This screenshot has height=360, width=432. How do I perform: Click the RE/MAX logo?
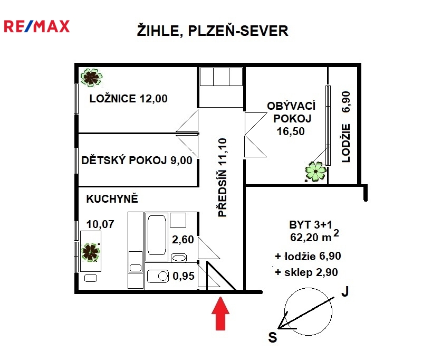click(x=36, y=26)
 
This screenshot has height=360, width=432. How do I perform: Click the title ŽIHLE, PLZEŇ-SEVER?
click(x=213, y=30)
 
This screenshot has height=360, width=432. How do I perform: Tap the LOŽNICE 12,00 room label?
click(x=128, y=98)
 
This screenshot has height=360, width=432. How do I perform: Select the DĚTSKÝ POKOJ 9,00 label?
click(x=137, y=160)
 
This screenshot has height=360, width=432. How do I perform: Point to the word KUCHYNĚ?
click(x=112, y=198)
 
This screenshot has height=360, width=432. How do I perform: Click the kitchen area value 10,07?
click(x=100, y=224)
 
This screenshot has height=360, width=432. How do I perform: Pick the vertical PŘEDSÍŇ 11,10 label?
click(x=223, y=177)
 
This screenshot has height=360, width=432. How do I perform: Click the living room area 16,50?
click(x=291, y=131)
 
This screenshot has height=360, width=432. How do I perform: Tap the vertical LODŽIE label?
click(x=346, y=143)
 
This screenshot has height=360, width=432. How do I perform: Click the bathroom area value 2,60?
click(x=183, y=240)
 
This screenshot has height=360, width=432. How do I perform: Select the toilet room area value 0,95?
click(x=184, y=276)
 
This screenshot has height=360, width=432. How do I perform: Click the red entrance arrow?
click(x=220, y=313)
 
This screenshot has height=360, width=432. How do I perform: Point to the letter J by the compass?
click(x=345, y=291)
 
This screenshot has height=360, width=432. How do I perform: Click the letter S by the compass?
click(x=273, y=337)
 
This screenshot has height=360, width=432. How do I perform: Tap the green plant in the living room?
click(x=316, y=172)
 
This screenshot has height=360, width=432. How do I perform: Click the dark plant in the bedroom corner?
click(x=91, y=78)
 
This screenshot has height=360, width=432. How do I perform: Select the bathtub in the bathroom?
click(x=157, y=235)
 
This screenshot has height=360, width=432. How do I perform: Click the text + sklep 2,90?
click(x=306, y=272)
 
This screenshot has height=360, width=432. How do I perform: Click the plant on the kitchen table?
click(x=91, y=252)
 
